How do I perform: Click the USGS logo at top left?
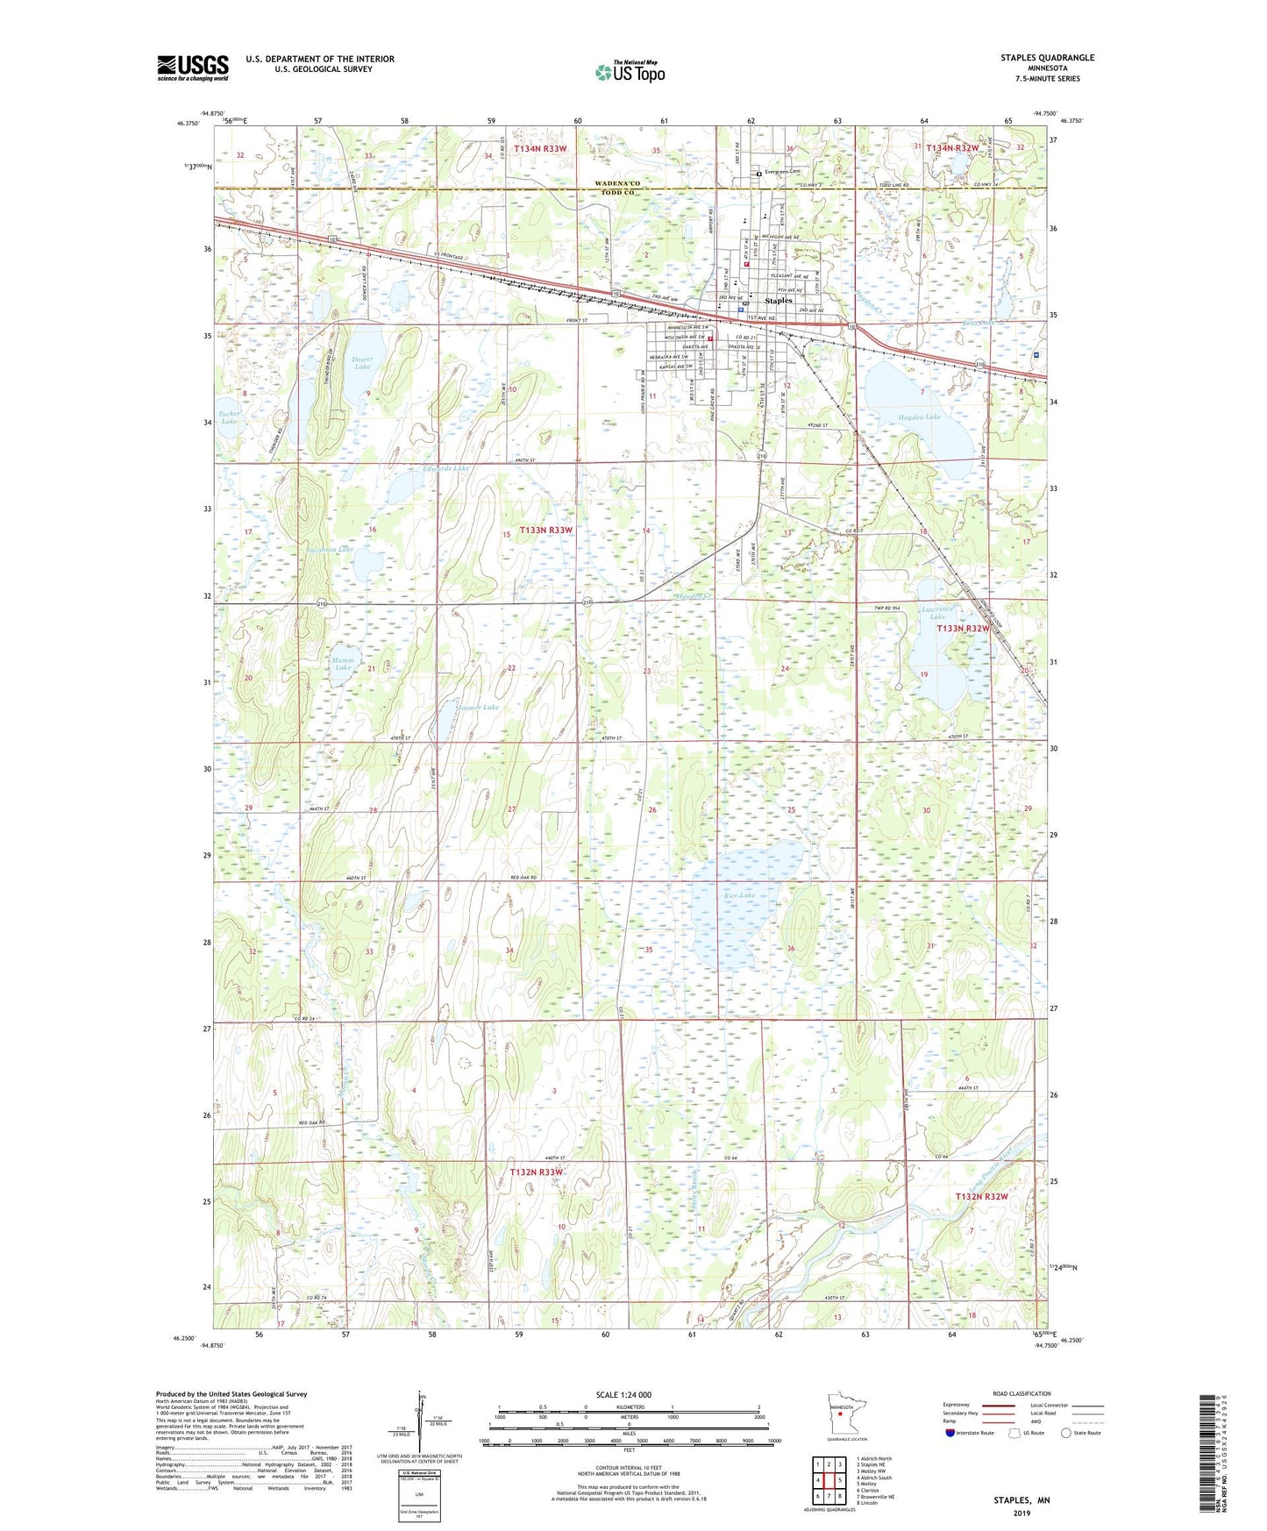point(193,68)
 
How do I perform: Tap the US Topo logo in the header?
point(630,72)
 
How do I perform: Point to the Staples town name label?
point(778,300)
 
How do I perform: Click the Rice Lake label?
point(739,895)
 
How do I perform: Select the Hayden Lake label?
point(919,417)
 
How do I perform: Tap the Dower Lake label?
point(362,362)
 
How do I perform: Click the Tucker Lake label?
point(229,417)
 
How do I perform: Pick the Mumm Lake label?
point(343,664)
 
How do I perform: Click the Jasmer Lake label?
point(479,707)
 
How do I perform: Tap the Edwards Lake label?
point(445,469)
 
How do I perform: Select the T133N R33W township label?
point(546,530)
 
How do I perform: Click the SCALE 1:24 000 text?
point(623,1394)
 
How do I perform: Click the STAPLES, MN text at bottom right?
point(1021,1500)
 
